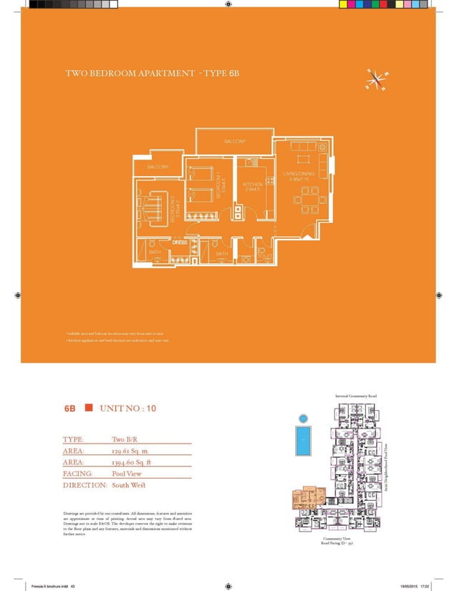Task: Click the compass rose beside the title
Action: tap(375, 80)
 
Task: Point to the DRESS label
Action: tap(180, 242)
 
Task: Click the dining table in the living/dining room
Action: tap(310, 200)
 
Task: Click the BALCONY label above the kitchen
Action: tap(235, 141)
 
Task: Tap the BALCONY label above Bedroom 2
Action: tap(158, 167)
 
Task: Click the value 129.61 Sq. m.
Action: tap(130, 451)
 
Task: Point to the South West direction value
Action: tap(129, 485)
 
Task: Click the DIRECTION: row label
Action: tap(85, 485)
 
